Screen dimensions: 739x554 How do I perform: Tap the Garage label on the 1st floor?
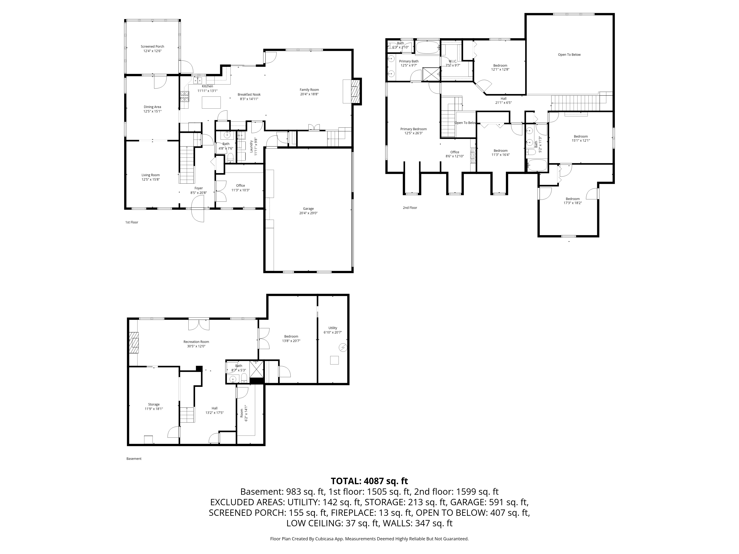coord(308,209)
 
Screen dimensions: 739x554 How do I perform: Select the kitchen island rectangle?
coord(211,102)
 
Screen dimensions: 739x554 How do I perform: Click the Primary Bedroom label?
coord(414,129)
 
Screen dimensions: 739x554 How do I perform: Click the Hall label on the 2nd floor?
coord(503,98)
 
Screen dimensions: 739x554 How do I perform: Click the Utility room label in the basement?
coord(333,328)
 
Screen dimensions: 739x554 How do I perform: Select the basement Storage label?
coord(154,404)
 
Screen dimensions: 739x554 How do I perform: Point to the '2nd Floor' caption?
coord(410,208)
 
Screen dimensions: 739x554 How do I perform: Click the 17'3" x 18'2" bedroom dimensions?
coord(573,203)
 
